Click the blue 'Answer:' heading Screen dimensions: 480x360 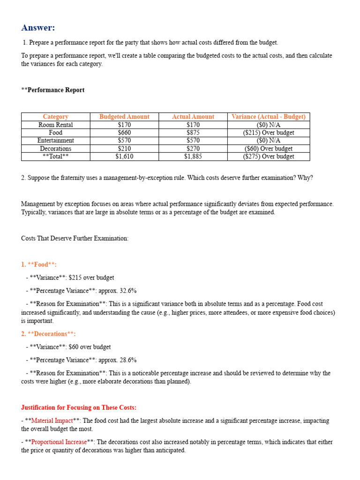(38, 28)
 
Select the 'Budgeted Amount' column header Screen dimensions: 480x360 (124, 117)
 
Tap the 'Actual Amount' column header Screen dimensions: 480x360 (193, 117)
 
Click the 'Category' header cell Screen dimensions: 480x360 (56, 117)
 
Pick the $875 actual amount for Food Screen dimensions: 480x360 (193, 133)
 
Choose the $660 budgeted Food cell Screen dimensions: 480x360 (124, 133)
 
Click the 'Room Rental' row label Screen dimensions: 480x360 (56, 125)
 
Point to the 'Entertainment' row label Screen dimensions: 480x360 (56, 141)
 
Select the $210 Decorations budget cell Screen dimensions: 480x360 (124, 149)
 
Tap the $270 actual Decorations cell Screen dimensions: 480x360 (193, 149)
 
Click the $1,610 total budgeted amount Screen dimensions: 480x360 (124, 157)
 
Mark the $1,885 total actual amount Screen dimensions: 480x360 (193, 157)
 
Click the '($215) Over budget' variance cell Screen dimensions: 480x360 (269, 133)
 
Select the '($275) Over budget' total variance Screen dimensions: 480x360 (269, 157)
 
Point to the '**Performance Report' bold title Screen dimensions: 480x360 (53, 90)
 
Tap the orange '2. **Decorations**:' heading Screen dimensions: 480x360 (48, 334)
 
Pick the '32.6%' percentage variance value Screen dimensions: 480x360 (127, 291)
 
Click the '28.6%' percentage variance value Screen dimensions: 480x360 (127, 360)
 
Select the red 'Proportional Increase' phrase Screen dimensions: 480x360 (59, 442)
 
